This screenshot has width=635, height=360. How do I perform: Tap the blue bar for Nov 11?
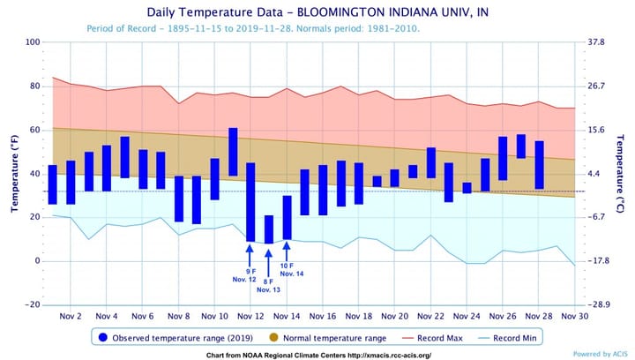pyautogui.click(x=233, y=152)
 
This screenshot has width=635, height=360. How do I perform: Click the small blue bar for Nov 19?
pyautogui.click(x=377, y=181)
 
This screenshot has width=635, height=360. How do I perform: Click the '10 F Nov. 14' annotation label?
pyautogui.click(x=287, y=269)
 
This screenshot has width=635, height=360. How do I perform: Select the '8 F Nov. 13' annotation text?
pyautogui.click(x=269, y=285)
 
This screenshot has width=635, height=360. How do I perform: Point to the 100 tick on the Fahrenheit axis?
pyautogui.click(x=34, y=42)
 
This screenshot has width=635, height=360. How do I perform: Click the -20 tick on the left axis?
pyautogui.click(x=34, y=304)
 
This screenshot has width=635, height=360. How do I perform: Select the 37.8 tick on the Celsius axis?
pyautogui.click(x=596, y=42)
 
